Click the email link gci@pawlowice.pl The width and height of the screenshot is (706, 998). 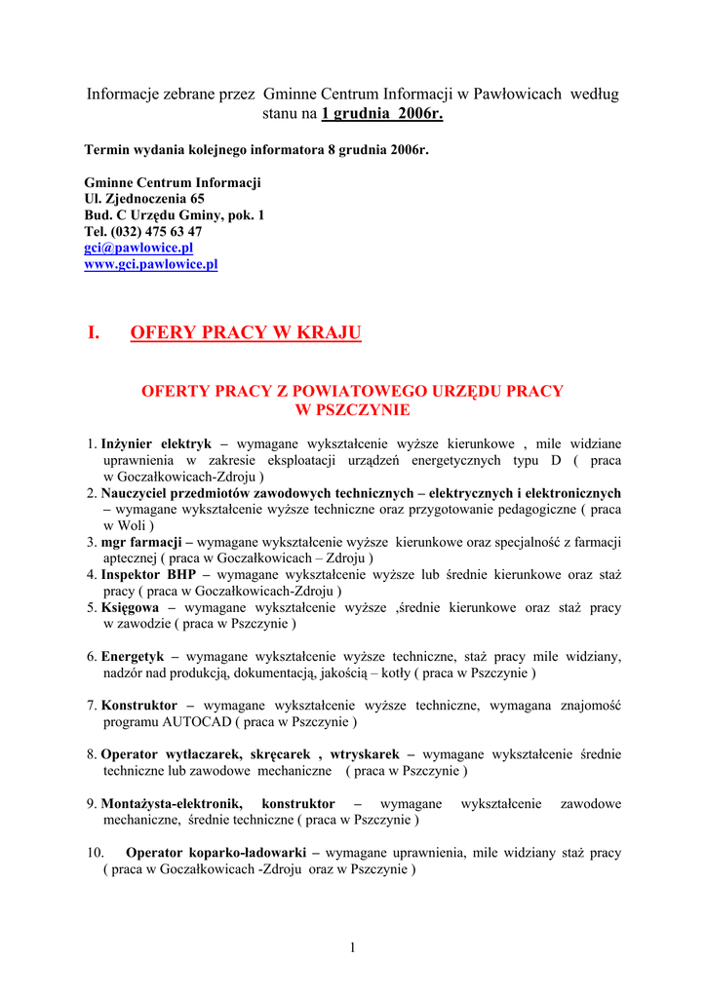tap(138, 248)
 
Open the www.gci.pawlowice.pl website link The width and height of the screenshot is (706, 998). tap(151, 264)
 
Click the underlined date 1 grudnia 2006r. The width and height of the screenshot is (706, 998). tap(382, 114)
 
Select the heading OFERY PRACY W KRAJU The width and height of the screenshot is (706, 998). tap(245, 333)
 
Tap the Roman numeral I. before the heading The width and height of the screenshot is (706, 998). tap(94, 333)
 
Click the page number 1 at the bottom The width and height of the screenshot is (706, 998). tap(352, 949)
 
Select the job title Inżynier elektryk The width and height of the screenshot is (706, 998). tap(156, 443)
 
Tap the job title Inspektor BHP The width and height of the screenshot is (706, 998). tap(148, 575)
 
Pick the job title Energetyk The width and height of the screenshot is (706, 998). tap(133, 657)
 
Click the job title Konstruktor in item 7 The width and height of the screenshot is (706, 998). tap(139, 705)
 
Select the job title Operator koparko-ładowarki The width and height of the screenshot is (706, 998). tap(216, 852)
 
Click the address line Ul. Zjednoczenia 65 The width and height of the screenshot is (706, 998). tap(144, 198)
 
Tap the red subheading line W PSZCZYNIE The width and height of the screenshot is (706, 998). tap(352, 410)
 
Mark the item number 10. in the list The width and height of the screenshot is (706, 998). tap(96, 852)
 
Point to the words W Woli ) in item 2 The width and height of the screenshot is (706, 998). tap(128, 525)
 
